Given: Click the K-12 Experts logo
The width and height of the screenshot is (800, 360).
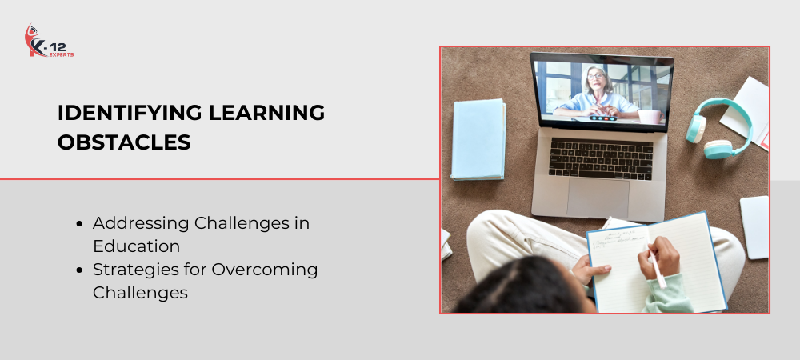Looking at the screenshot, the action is click(x=50, y=40).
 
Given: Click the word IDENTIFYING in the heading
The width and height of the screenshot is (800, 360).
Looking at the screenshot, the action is click(x=129, y=113).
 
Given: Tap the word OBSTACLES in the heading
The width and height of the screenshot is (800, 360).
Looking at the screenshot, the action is click(x=124, y=142).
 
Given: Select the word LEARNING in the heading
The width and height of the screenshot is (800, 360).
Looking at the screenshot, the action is click(x=267, y=113).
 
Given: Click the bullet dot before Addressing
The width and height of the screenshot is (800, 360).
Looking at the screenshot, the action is click(x=78, y=223).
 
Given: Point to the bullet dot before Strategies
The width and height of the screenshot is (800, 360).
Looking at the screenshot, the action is click(x=78, y=270).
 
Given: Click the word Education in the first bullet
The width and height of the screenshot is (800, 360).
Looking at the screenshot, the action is click(x=136, y=246).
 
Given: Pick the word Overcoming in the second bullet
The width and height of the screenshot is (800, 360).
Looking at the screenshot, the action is click(x=265, y=270).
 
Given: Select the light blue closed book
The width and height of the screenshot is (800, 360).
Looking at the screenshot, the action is click(x=478, y=139).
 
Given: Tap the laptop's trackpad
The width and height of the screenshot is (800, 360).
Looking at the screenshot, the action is click(x=598, y=198).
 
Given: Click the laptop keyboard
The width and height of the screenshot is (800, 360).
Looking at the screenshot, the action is click(x=601, y=158).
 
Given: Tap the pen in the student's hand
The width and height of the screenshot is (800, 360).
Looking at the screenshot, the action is click(x=657, y=269).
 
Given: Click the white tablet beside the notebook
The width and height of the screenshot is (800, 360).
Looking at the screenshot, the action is click(x=754, y=227).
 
